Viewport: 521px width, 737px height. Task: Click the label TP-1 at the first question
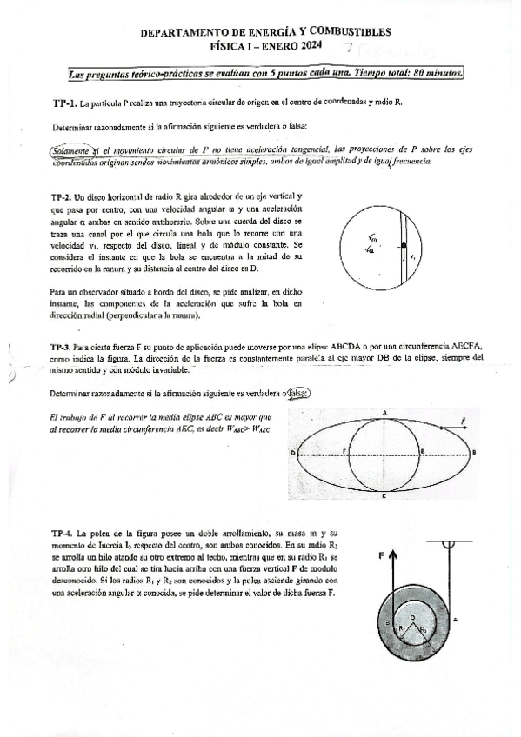64,103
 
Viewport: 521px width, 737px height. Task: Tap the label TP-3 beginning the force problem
63,346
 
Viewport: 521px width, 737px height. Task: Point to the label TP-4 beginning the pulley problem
63,532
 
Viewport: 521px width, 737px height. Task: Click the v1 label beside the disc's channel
413,257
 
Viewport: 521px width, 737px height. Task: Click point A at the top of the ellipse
384,411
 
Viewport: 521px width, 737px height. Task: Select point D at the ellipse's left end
291,453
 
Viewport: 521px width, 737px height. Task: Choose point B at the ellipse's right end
474,453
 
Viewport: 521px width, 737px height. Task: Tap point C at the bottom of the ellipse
384,495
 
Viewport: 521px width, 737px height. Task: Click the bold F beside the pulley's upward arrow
381,553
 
